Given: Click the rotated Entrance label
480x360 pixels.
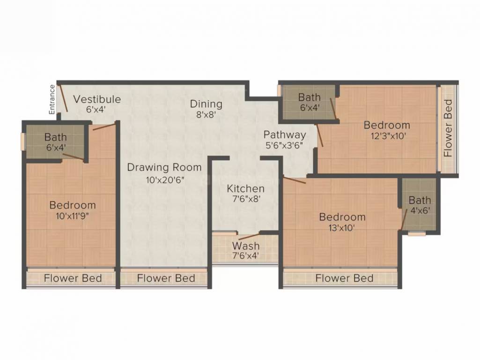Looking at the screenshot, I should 52,99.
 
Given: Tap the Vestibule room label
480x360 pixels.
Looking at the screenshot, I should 97,99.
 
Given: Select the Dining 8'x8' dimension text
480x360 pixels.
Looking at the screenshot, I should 206,114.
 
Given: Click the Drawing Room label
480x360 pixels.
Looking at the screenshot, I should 164,167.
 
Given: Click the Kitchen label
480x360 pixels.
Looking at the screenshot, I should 246,188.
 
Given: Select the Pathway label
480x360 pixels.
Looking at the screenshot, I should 284,135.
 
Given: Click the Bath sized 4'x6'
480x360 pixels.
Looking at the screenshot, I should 420,201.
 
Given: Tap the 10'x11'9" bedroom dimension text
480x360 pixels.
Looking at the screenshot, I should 73,216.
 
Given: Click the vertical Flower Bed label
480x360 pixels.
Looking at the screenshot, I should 448,128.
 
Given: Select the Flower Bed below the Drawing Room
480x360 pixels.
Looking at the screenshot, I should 166,278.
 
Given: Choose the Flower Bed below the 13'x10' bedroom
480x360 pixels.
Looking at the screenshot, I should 344,278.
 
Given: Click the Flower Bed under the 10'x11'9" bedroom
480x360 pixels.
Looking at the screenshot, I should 73,278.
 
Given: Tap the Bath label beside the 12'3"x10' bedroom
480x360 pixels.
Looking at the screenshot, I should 310,97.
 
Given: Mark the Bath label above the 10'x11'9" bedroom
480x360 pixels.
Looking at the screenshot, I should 56,138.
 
